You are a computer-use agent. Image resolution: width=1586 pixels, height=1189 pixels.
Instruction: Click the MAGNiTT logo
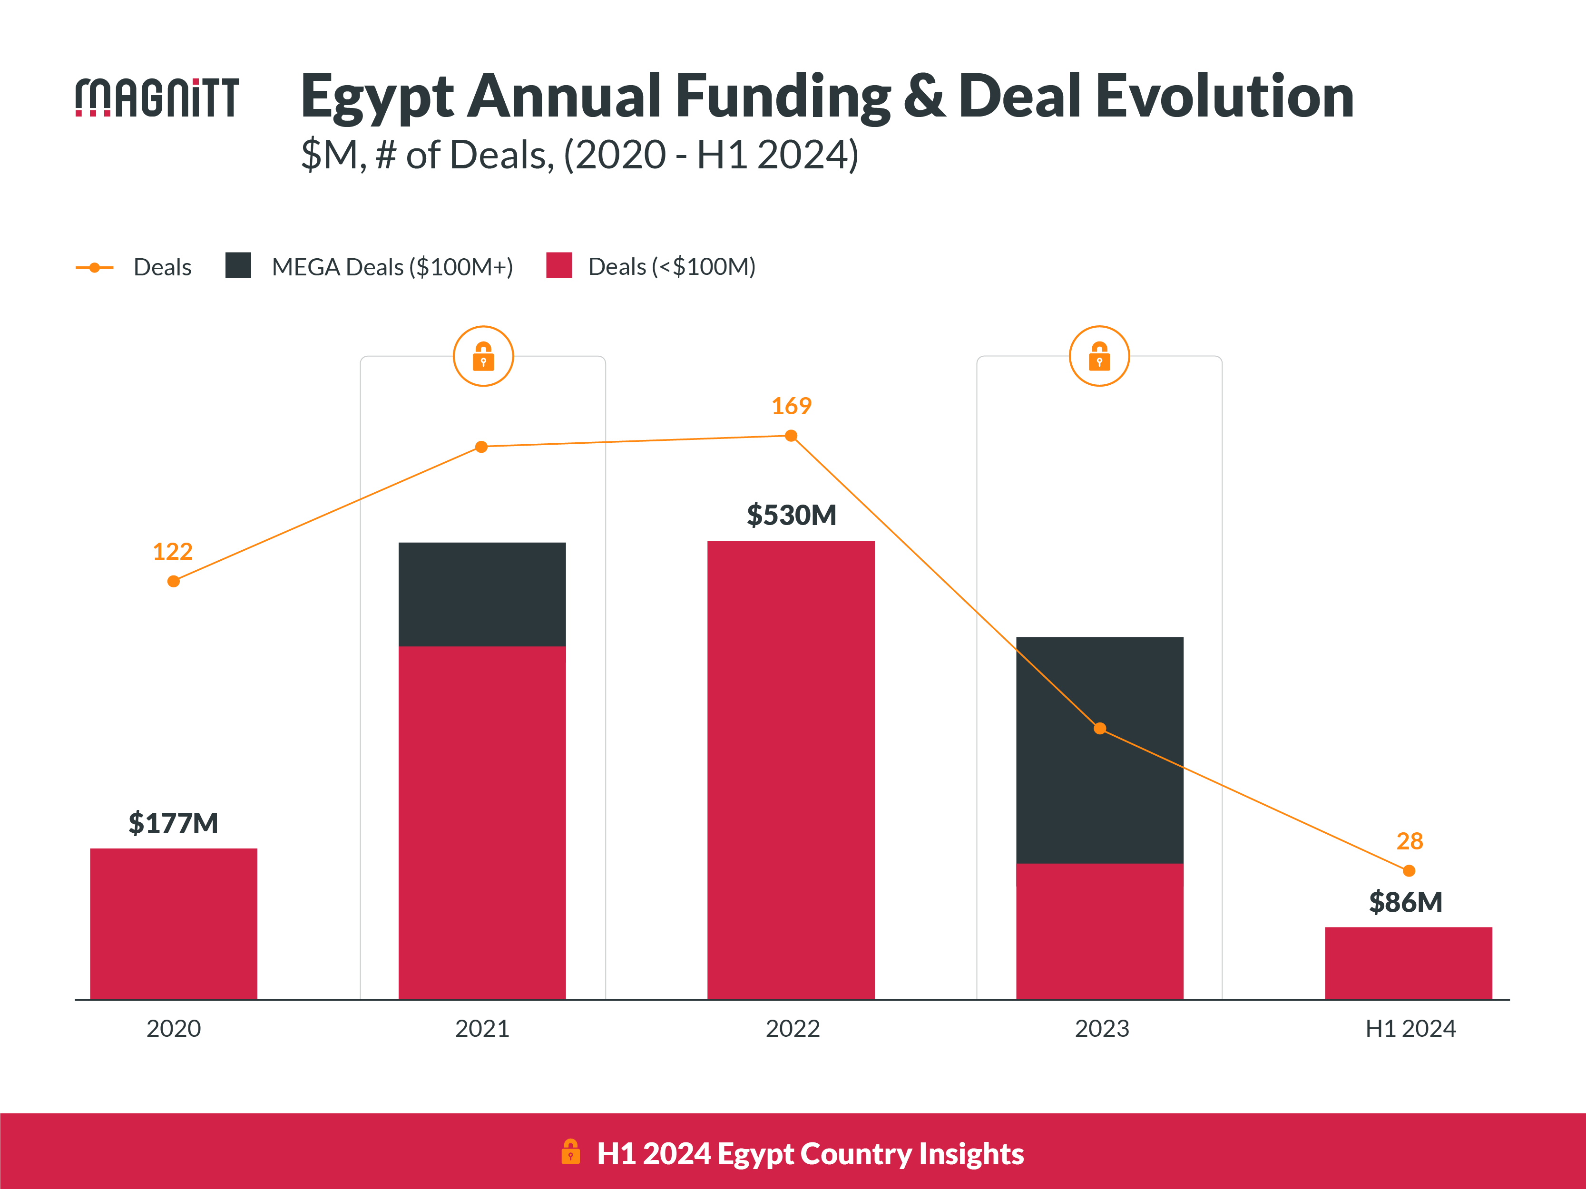[157, 97]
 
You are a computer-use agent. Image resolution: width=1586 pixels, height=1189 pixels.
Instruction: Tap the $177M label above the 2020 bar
[173, 823]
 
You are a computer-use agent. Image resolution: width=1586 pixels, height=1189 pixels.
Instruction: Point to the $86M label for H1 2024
[1405, 902]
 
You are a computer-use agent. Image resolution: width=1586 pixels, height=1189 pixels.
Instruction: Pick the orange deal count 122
[173, 551]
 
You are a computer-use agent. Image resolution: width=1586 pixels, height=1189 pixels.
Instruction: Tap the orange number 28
[1409, 841]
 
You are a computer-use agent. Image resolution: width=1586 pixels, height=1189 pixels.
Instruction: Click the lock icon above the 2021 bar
[483, 356]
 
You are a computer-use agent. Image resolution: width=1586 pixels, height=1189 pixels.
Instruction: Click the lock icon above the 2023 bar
[1099, 356]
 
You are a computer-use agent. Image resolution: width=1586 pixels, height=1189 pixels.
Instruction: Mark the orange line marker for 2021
[482, 447]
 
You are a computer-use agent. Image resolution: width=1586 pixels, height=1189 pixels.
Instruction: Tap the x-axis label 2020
[174, 1028]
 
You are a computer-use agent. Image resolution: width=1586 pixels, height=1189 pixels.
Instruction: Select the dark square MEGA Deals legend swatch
[238, 265]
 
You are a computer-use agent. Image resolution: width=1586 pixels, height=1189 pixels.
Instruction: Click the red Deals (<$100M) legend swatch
[558, 265]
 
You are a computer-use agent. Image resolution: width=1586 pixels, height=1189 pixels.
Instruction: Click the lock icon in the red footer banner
[571, 1152]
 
